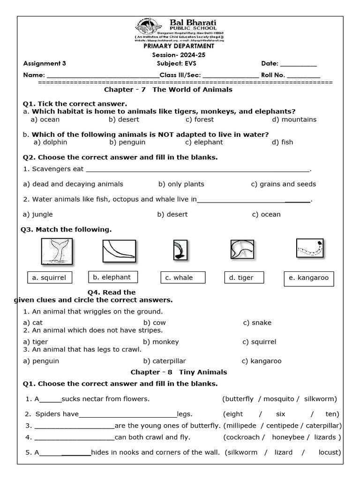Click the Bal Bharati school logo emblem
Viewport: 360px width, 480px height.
(x=146, y=28)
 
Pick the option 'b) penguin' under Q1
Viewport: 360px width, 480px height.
(x=127, y=142)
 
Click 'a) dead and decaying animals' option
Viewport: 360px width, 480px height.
(x=73, y=184)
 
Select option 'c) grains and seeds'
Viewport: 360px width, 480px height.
(x=283, y=184)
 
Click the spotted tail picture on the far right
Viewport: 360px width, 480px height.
(x=310, y=248)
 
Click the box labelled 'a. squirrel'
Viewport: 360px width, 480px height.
(x=49, y=278)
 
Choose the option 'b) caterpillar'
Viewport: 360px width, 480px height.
(x=165, y=361)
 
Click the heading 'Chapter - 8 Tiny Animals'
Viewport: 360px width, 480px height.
(x=179, y=372)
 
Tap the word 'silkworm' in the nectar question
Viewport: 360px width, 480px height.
(x=320, y=399)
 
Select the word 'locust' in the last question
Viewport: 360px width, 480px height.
(x=328, y=452)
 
